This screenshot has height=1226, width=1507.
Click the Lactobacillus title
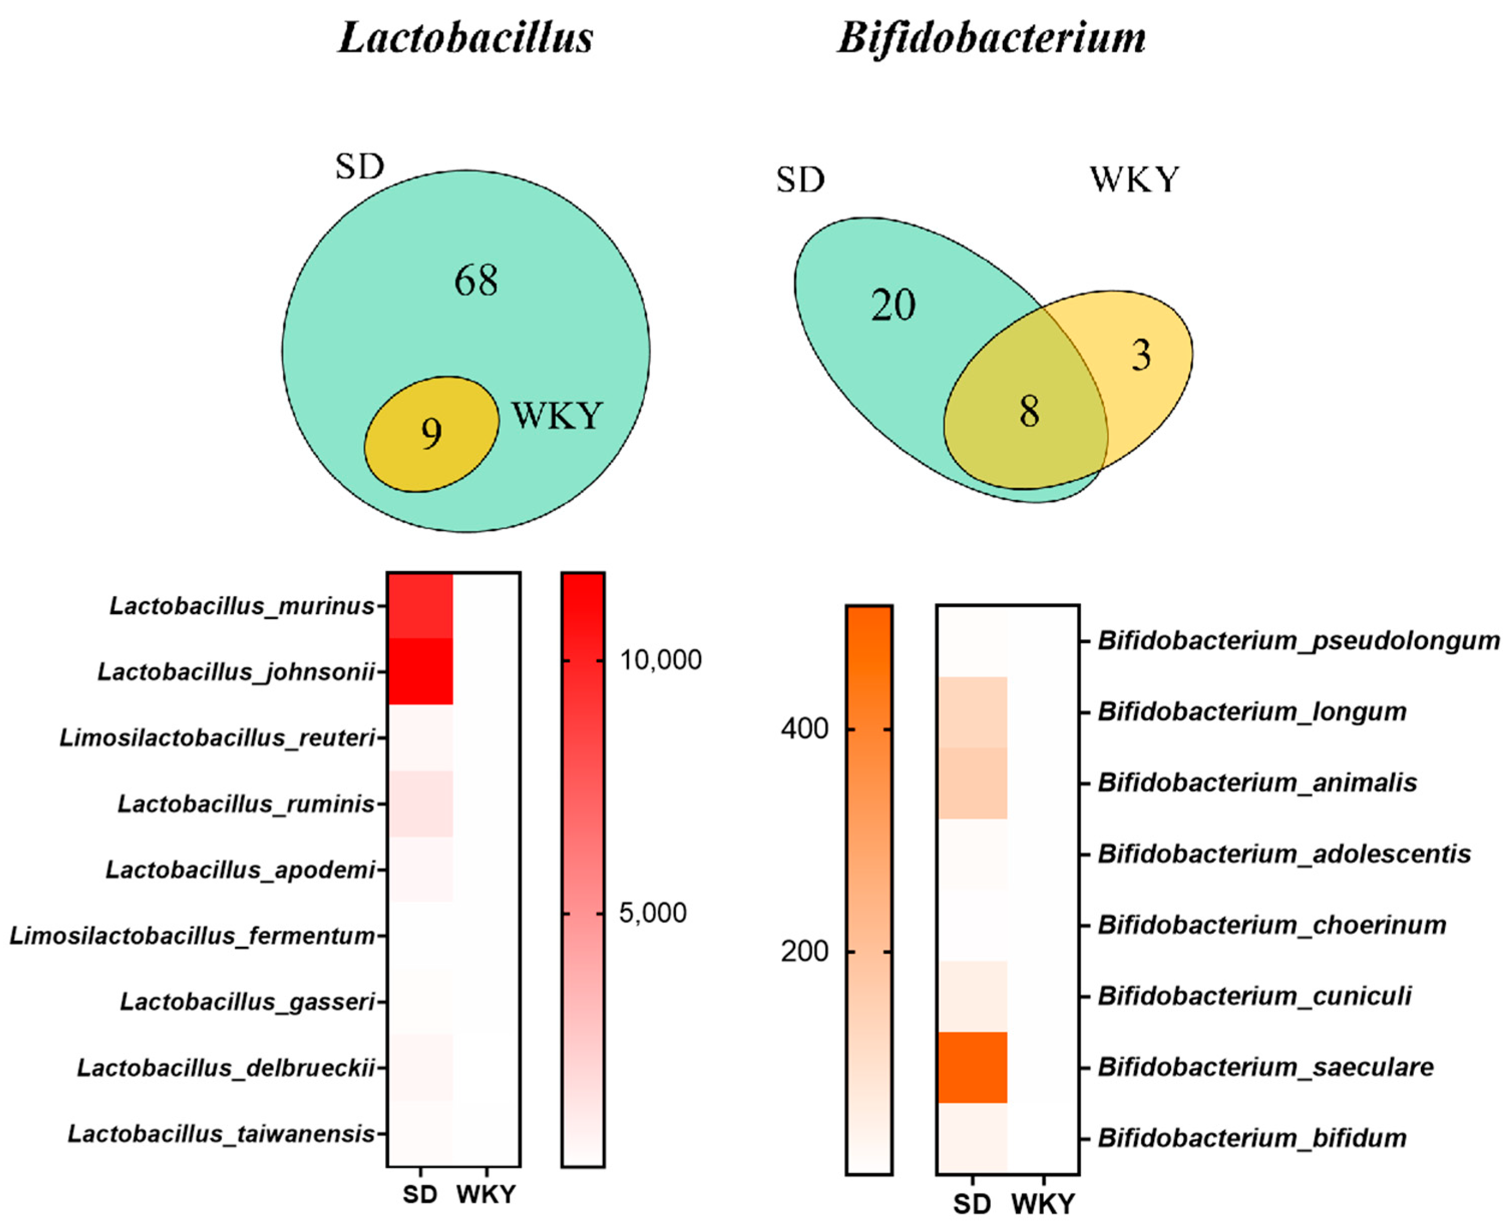click(x=466, y=37)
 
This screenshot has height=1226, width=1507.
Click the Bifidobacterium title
click(x=991, y=37)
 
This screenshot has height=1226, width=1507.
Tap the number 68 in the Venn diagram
click(x=476, y=280)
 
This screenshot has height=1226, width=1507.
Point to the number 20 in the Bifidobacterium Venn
click(x=893, y=305)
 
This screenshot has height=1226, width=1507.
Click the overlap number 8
click(x=1029, y=411)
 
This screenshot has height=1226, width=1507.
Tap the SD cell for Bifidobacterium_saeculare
click(x=972, y=1067)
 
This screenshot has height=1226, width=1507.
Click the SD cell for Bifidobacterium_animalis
click(x=972, y=782)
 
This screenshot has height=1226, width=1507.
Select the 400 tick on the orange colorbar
click(x=804, y=728)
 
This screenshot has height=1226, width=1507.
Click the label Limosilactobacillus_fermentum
click(x=192, y=936)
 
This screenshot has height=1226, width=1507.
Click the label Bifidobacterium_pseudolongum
click(x=1299, y=641)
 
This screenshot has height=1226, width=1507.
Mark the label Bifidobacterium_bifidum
click(x=1252, y=1138)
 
